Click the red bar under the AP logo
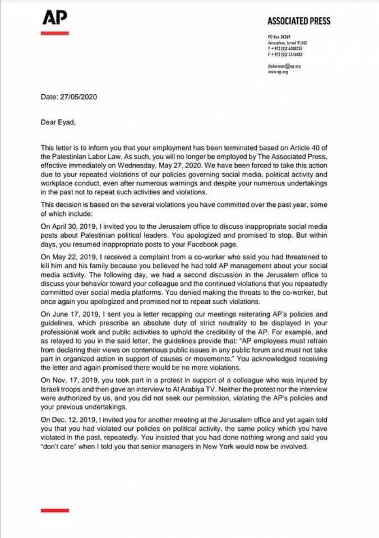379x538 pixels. [x=55, y=33]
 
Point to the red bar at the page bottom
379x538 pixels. [x=55, y=510]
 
